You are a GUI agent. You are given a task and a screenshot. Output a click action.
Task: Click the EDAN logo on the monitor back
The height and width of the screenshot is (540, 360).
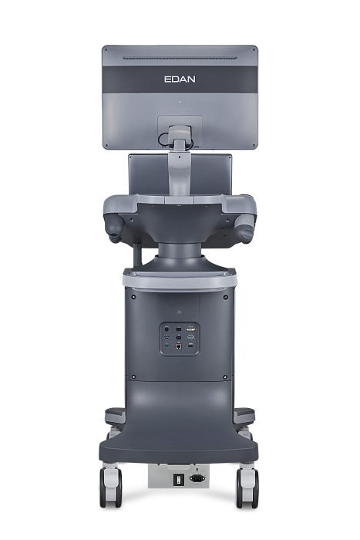180,79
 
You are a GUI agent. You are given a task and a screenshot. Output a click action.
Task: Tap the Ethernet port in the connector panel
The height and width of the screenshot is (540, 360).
179,346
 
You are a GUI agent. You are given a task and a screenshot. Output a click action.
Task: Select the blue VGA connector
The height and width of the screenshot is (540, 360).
190,337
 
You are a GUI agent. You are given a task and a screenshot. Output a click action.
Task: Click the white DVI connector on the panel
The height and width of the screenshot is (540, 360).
190,329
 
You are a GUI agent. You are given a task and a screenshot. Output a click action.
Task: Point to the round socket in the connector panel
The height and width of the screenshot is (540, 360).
167,329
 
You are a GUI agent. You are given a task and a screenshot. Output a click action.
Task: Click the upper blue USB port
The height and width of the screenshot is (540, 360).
167,337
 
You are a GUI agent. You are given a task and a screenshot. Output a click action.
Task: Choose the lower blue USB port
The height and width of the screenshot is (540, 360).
167,346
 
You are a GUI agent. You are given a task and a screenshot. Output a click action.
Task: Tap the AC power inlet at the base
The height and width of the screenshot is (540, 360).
197,478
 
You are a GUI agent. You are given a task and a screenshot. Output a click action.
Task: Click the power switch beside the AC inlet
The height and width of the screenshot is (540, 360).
178,479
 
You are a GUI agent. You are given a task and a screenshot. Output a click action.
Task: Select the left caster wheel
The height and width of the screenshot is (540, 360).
110,488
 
